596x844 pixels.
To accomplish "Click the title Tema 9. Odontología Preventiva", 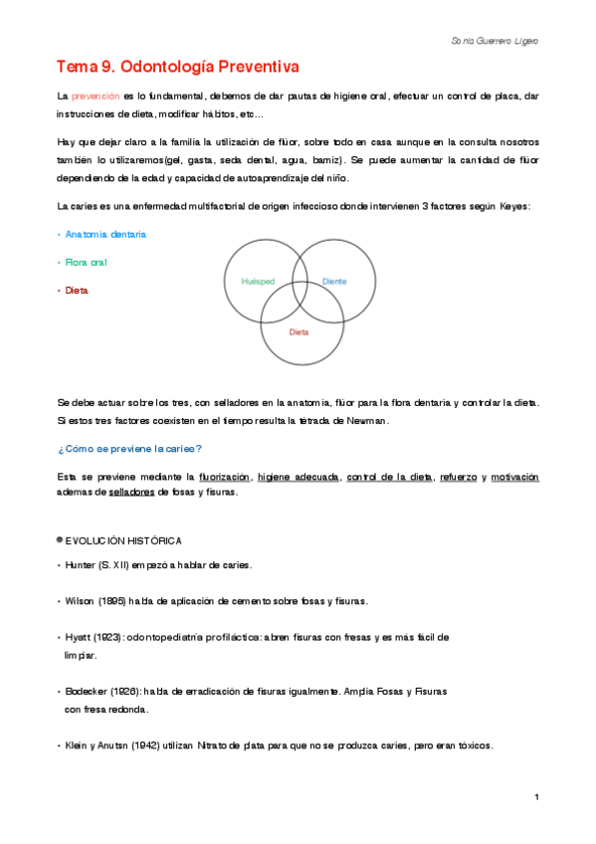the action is (177, 66).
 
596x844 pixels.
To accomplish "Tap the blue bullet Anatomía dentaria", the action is (105, 234).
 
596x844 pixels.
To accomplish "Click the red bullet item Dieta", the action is (76, 291).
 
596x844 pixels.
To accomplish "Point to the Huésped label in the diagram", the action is (258, 282).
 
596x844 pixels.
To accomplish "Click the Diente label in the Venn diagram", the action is (334, 282).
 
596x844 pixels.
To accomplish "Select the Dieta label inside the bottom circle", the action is (298, 331).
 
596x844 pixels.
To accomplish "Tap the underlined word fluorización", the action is (224, 478).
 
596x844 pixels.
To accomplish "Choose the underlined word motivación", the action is (514, 478).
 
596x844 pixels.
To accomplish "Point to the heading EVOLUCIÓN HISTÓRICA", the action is (123, 540).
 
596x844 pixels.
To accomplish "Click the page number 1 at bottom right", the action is (536, 798).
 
